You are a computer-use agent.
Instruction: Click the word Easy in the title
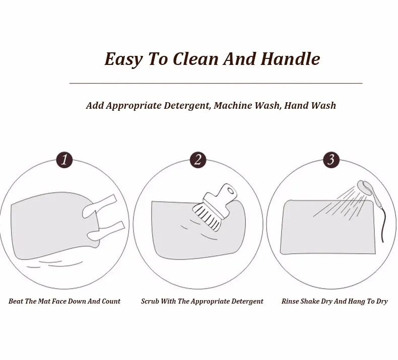123,59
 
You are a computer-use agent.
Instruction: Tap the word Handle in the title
290,58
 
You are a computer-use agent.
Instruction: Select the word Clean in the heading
195,59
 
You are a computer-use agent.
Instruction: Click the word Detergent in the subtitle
187,106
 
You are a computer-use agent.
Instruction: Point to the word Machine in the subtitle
234,105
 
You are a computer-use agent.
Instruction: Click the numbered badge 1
64,160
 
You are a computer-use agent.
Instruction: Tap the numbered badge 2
198,160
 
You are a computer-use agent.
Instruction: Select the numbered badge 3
331,160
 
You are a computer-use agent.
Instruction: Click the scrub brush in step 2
214,207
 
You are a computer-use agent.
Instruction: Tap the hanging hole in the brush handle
230,191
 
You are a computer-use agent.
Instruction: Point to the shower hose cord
380,223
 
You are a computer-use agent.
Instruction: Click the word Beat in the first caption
16,301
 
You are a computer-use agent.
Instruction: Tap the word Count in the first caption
111,302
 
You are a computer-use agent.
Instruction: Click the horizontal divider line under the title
216,83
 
